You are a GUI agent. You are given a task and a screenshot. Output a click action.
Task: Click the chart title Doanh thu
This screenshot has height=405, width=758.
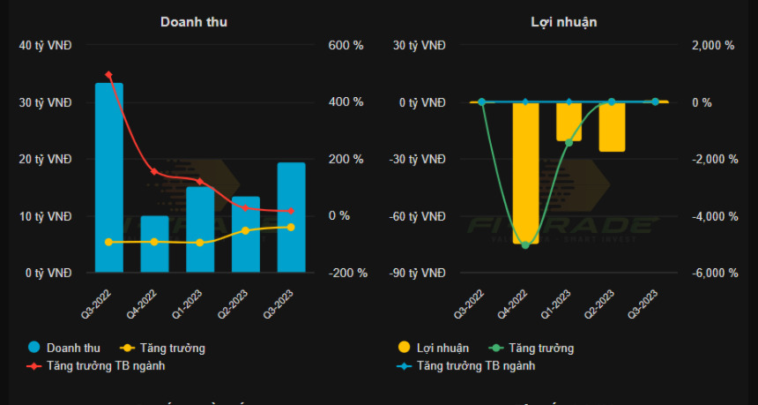(194, 22)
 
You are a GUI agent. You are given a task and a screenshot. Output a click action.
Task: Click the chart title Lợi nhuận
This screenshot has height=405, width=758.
(565, 22)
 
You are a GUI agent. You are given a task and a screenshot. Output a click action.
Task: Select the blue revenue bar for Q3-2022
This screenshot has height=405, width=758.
(108, 176)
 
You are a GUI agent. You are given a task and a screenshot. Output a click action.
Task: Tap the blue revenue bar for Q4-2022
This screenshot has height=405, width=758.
(154, 244)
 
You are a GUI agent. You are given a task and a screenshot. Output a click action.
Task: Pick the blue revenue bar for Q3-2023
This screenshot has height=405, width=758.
(291, 217)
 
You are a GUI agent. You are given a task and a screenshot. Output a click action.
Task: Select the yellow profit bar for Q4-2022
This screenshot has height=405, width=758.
(525, 172)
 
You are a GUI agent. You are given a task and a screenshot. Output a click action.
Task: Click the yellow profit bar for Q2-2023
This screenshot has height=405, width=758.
(612, 126)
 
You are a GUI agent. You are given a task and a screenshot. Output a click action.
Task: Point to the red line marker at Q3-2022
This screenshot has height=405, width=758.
(108, 75)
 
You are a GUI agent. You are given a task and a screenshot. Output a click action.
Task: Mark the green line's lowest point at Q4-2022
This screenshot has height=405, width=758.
(525, 244)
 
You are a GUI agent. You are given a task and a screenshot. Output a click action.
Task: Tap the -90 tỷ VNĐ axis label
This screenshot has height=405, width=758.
(420, 273)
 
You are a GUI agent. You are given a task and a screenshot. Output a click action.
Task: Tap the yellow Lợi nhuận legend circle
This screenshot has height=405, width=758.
(405, 348)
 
